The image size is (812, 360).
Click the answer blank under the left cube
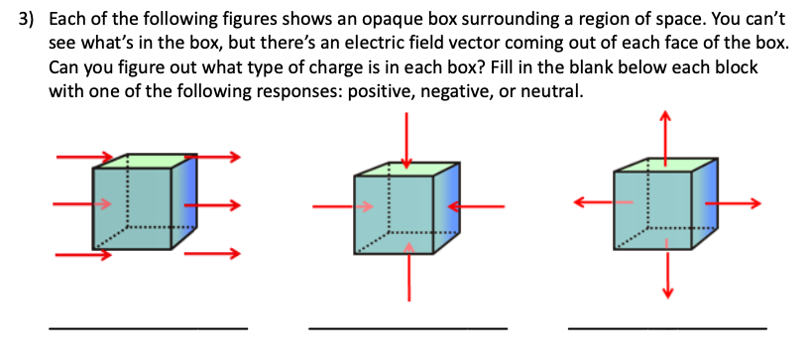tap(148, 327)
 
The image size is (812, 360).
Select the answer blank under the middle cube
tap(407, 327)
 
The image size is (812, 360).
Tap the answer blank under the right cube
tap(666, 327)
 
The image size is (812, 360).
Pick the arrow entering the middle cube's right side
tap(474, 205)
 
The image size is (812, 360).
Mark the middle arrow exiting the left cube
tap(213, 205)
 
